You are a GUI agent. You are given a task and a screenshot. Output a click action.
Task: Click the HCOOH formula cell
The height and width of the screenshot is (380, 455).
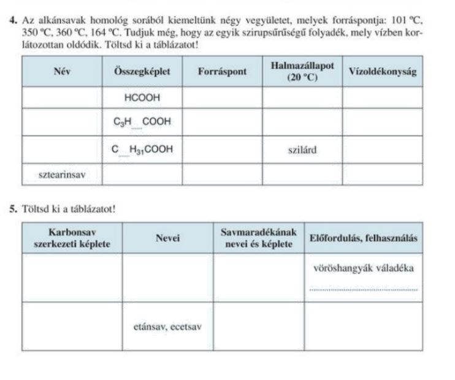142,97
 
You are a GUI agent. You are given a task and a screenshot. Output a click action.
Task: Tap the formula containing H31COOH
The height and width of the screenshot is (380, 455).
142,149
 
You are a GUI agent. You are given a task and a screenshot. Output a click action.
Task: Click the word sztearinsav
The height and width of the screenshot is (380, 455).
62,175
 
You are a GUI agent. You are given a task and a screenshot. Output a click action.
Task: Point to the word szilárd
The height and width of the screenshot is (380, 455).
302,149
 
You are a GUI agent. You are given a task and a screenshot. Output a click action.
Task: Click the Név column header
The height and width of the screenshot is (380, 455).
62,71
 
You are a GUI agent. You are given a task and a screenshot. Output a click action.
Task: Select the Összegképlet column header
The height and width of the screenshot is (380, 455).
142,71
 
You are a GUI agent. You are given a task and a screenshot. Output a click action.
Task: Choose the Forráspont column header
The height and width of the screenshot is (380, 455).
223,71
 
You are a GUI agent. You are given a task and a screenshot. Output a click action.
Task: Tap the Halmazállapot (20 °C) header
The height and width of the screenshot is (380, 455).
302,71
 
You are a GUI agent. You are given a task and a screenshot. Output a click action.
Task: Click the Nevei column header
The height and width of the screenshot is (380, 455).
167,238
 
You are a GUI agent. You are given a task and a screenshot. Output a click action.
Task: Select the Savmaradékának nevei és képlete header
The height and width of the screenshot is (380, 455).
259,238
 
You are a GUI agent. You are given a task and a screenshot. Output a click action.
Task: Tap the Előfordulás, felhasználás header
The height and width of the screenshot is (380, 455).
364,238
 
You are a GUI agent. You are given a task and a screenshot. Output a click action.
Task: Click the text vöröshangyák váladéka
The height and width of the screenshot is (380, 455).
364,268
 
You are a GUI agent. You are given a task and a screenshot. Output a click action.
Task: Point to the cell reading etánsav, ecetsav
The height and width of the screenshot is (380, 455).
167,326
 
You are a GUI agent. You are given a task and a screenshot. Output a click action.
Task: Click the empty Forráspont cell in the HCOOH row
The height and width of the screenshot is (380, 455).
223,97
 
